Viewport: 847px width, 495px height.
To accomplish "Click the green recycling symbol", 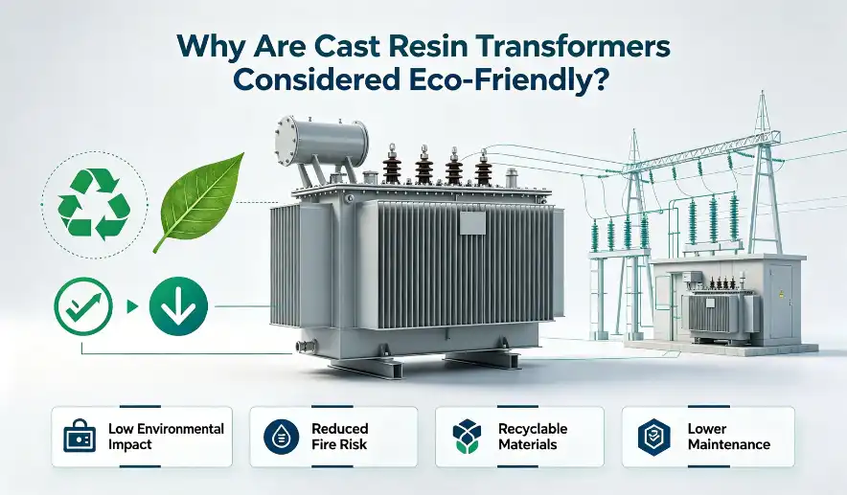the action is [95, 203].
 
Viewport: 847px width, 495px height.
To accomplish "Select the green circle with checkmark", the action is [83, 306].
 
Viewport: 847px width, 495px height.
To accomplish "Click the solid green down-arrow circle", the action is [178, 306].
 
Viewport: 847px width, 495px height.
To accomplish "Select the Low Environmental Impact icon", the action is [80, 436].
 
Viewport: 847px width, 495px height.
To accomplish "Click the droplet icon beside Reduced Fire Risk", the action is [282, 437].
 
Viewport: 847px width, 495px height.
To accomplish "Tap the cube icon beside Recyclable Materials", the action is [467, 437].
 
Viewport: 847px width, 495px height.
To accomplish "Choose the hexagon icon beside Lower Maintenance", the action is [653, 437].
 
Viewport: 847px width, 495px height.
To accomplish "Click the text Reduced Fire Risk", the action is [340, 437].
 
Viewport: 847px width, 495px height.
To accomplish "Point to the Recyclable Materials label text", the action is [533, 437].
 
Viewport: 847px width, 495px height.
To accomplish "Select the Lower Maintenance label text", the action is [729, 437].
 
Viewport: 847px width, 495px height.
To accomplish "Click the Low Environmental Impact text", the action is [166, 437].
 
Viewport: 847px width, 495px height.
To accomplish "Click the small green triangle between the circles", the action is [131, 306].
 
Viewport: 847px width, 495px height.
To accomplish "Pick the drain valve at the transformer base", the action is [306, 345].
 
